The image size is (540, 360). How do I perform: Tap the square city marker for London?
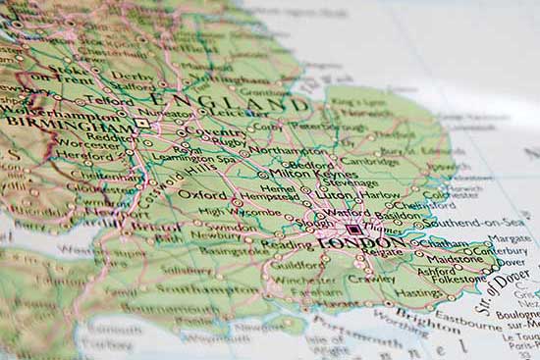click(353, 229)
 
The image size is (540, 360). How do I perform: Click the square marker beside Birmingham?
click(142, 124)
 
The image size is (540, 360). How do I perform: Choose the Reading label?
click(281, 243)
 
